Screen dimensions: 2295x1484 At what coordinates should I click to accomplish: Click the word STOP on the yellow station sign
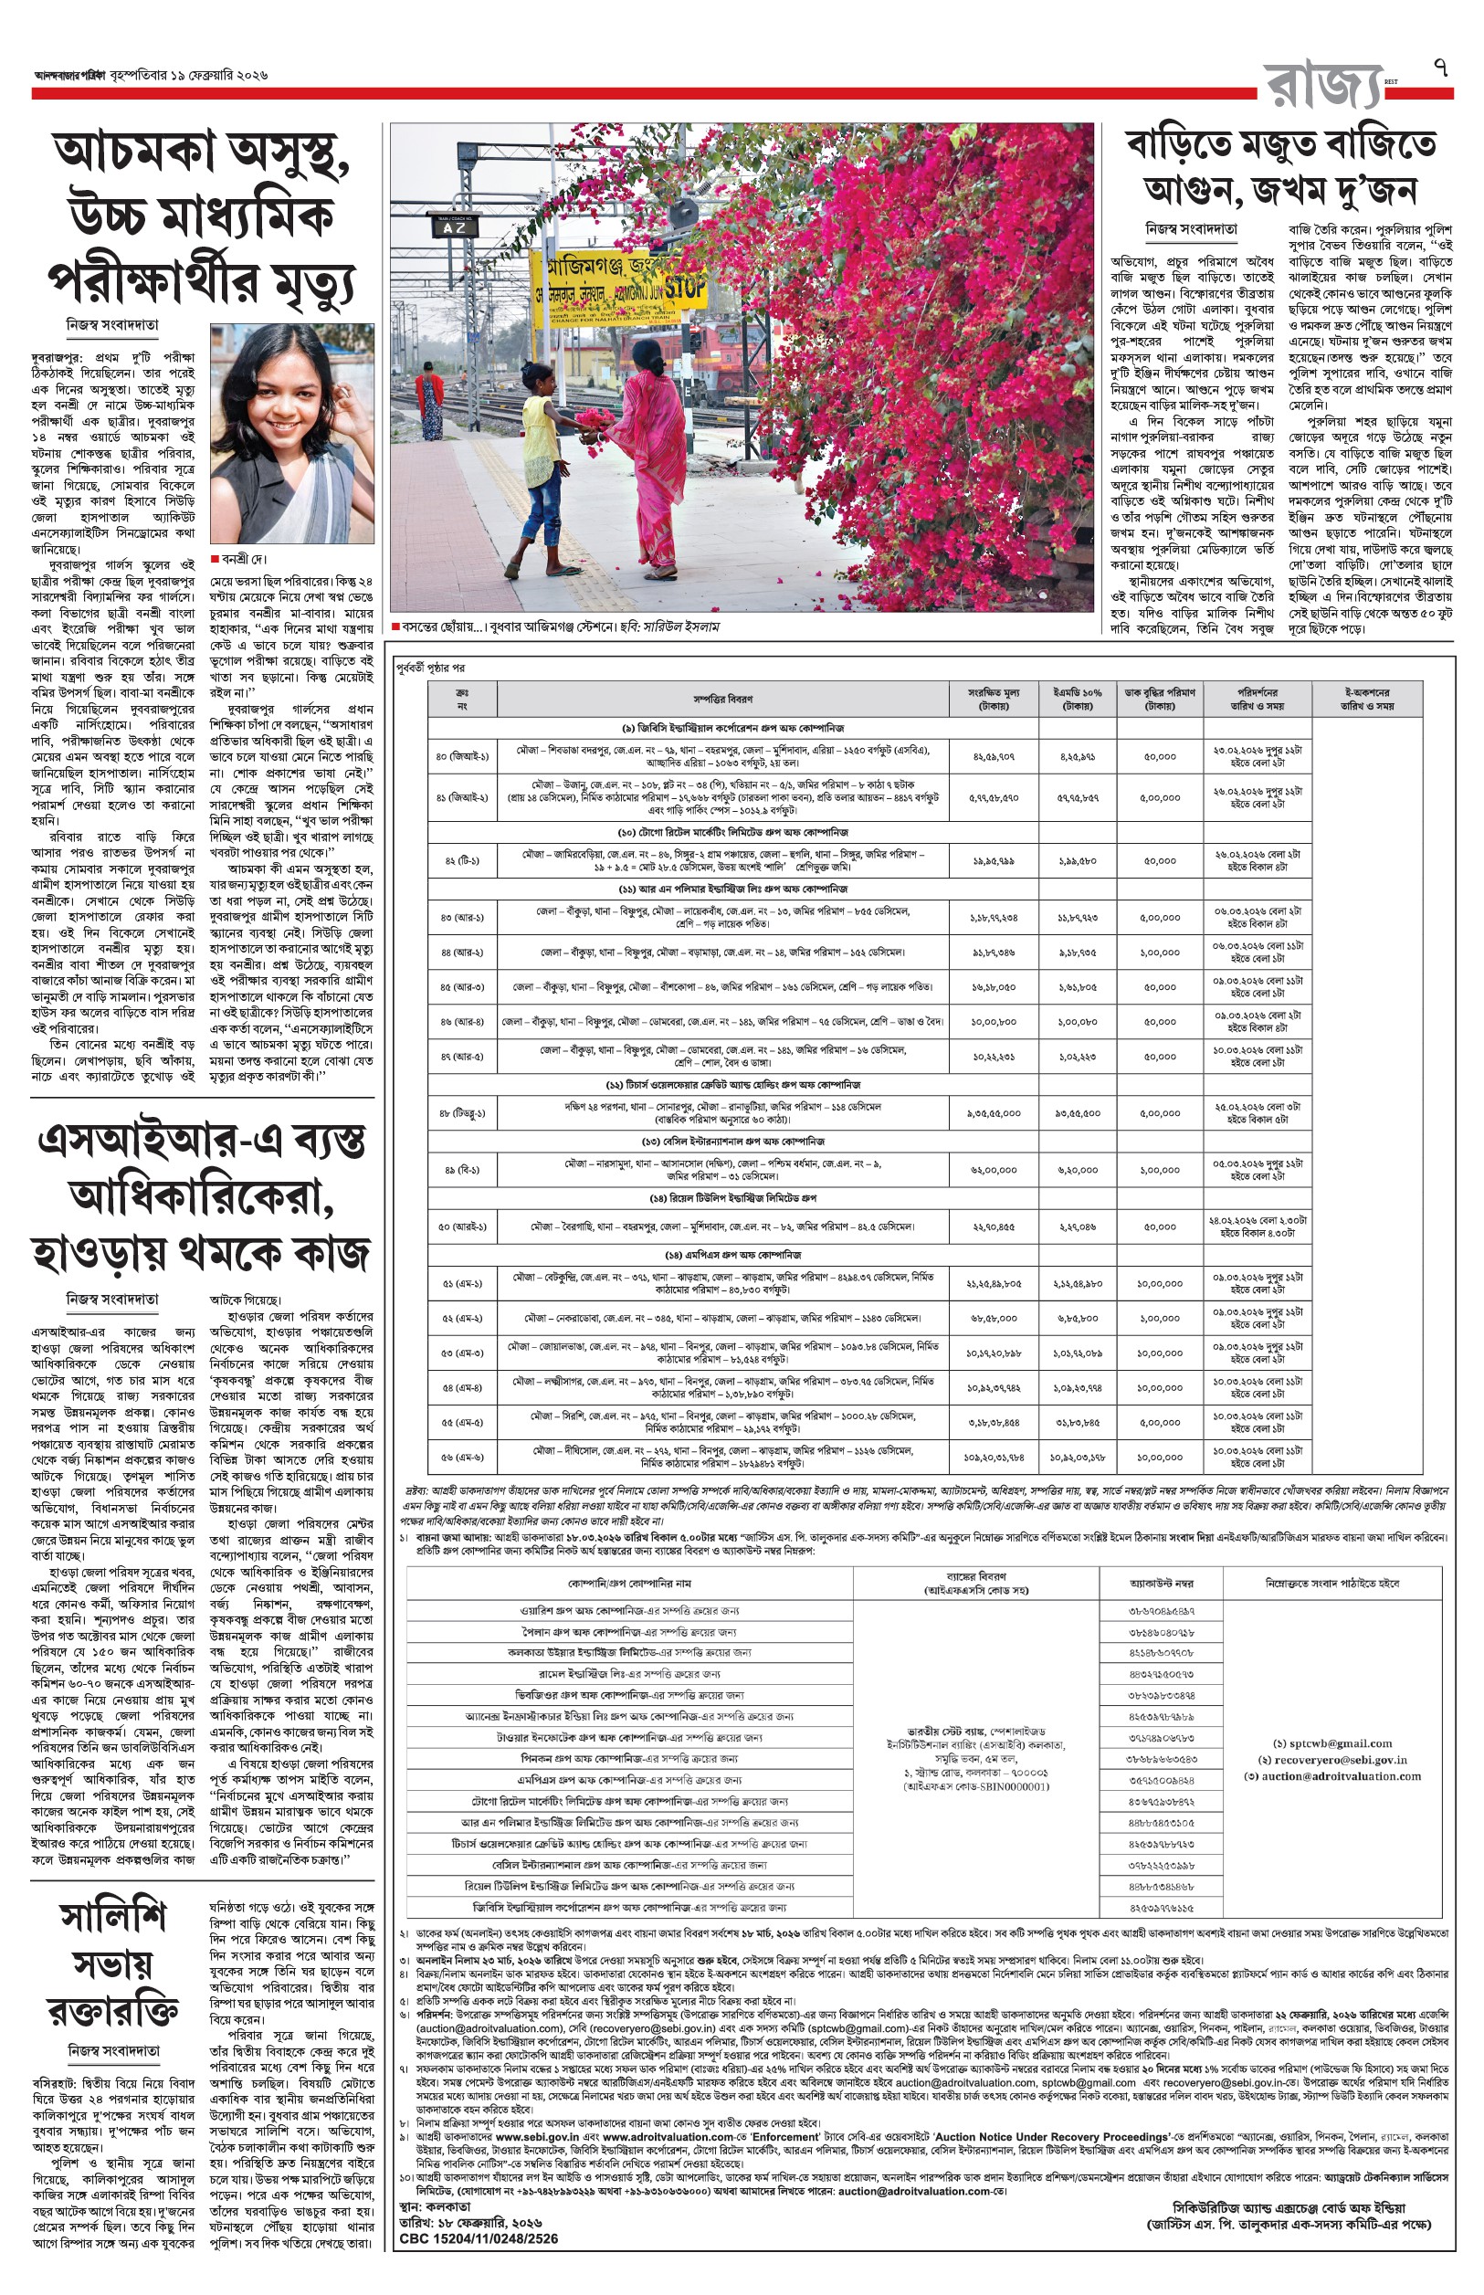click(x=685, y=286)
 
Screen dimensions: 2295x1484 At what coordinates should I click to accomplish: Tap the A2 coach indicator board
click(x=454, y=227)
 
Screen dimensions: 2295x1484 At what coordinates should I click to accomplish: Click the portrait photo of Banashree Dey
click(x=292, y=434)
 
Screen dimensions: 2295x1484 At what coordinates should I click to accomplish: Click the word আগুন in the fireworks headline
click(x=1187, y=190)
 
